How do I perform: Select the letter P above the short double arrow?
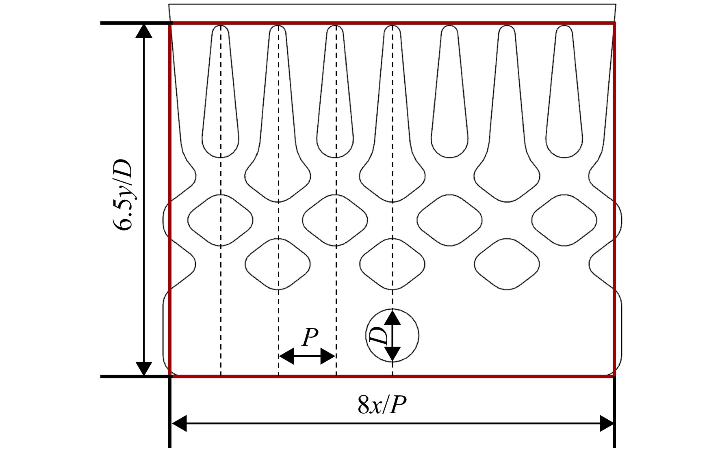[310, 337]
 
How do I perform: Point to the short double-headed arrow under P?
[307, 356]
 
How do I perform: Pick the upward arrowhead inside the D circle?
[392, 316]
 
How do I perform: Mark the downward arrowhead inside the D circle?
[392, 354]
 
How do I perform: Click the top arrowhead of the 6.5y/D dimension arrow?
[143, 31]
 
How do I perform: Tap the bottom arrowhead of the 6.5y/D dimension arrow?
[143, 369]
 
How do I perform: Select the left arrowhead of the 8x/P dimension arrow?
[180, 424]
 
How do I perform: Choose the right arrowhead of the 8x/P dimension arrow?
[606, 424]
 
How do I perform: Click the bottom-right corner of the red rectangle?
[614, 376]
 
